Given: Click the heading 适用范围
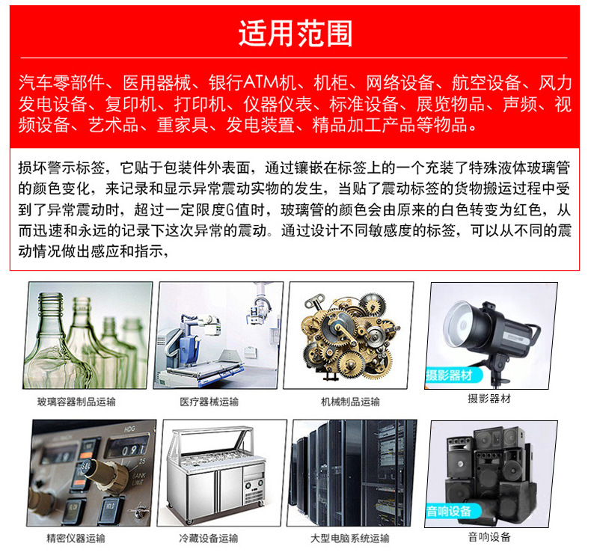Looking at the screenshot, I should click(295, 34).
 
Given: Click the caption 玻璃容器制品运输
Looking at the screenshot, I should click(76, 402).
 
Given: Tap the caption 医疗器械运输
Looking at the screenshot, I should click(209, 402).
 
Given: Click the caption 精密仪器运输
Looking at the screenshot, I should click(76, 538).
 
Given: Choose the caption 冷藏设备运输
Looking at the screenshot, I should click(209, 538).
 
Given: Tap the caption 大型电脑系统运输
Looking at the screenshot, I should click(350, 538).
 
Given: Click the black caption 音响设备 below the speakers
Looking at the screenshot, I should click(489, 536).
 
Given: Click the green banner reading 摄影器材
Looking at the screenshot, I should click(449, 375).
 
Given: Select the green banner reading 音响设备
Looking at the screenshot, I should click(450, 512).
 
